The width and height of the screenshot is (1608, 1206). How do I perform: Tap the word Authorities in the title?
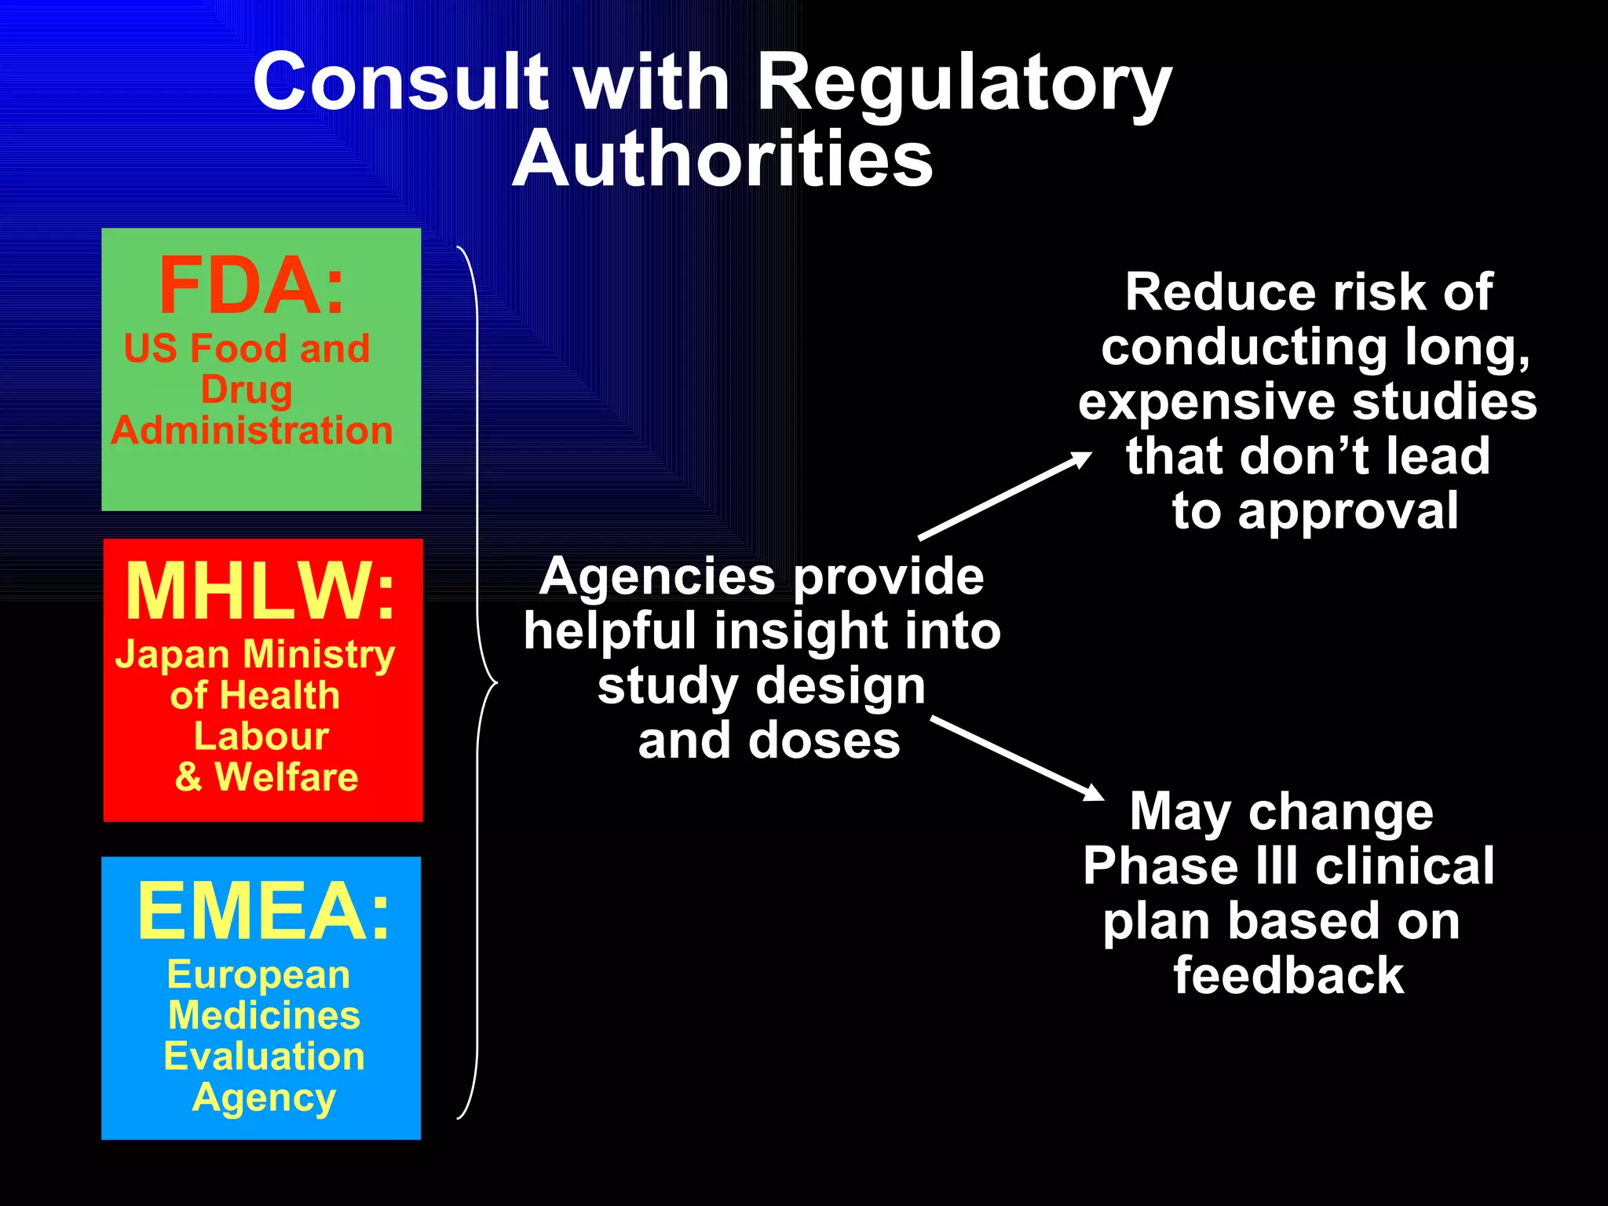(x=722, y=159)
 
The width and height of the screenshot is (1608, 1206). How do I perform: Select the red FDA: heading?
(x=252, y=286)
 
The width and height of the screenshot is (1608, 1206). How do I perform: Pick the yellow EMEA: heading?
(x=264, y=911)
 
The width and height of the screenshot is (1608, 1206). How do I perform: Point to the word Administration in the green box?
(x=252, y=430)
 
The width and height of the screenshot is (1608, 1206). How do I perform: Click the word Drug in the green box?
(x=247, y=390)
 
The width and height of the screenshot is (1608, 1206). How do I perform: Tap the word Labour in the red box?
(x=261, y=736)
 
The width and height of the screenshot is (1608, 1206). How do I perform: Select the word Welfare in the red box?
(x=287, y=777)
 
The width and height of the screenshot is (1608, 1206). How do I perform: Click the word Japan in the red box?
(x=173, y=654)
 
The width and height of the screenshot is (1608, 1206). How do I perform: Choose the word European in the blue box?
(x=258, y=975)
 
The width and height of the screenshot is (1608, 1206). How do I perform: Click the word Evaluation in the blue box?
(x=265, y=1056)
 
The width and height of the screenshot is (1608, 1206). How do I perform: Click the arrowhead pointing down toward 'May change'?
(x=1094, y=794)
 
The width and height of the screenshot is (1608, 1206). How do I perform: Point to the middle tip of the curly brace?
(x=495, y=683)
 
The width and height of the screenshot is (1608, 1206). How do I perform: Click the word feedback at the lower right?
(x=1288, y=976)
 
